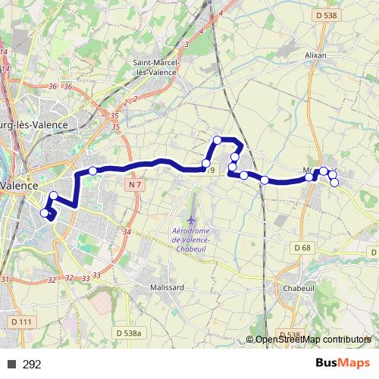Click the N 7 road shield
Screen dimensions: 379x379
[135, 184]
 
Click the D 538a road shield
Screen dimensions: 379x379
[130, 332]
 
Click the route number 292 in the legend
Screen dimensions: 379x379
[32, 365]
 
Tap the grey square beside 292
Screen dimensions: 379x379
[13, 365]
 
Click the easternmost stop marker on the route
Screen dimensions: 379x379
[334, 182]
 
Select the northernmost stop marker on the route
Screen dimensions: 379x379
[217, 139]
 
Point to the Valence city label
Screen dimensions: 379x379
[18, 185]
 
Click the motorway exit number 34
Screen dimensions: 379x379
[127, 232]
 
